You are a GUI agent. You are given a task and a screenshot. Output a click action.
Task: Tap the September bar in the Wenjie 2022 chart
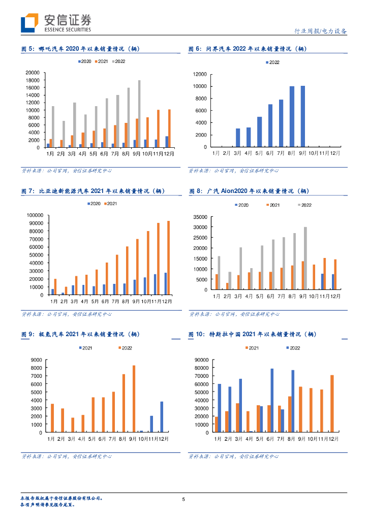(x=303, y=116)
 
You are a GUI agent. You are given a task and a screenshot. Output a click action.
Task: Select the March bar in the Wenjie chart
(x=238, y=138)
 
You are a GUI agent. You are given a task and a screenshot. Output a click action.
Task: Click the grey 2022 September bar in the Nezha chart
(x=139, y=114)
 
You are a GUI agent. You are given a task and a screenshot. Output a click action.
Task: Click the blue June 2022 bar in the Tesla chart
(x=272, y=401)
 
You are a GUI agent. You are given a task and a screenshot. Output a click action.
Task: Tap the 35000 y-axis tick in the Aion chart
(x=200, y=217)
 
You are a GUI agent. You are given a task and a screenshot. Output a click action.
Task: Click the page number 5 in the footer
(x=183, y=500)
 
